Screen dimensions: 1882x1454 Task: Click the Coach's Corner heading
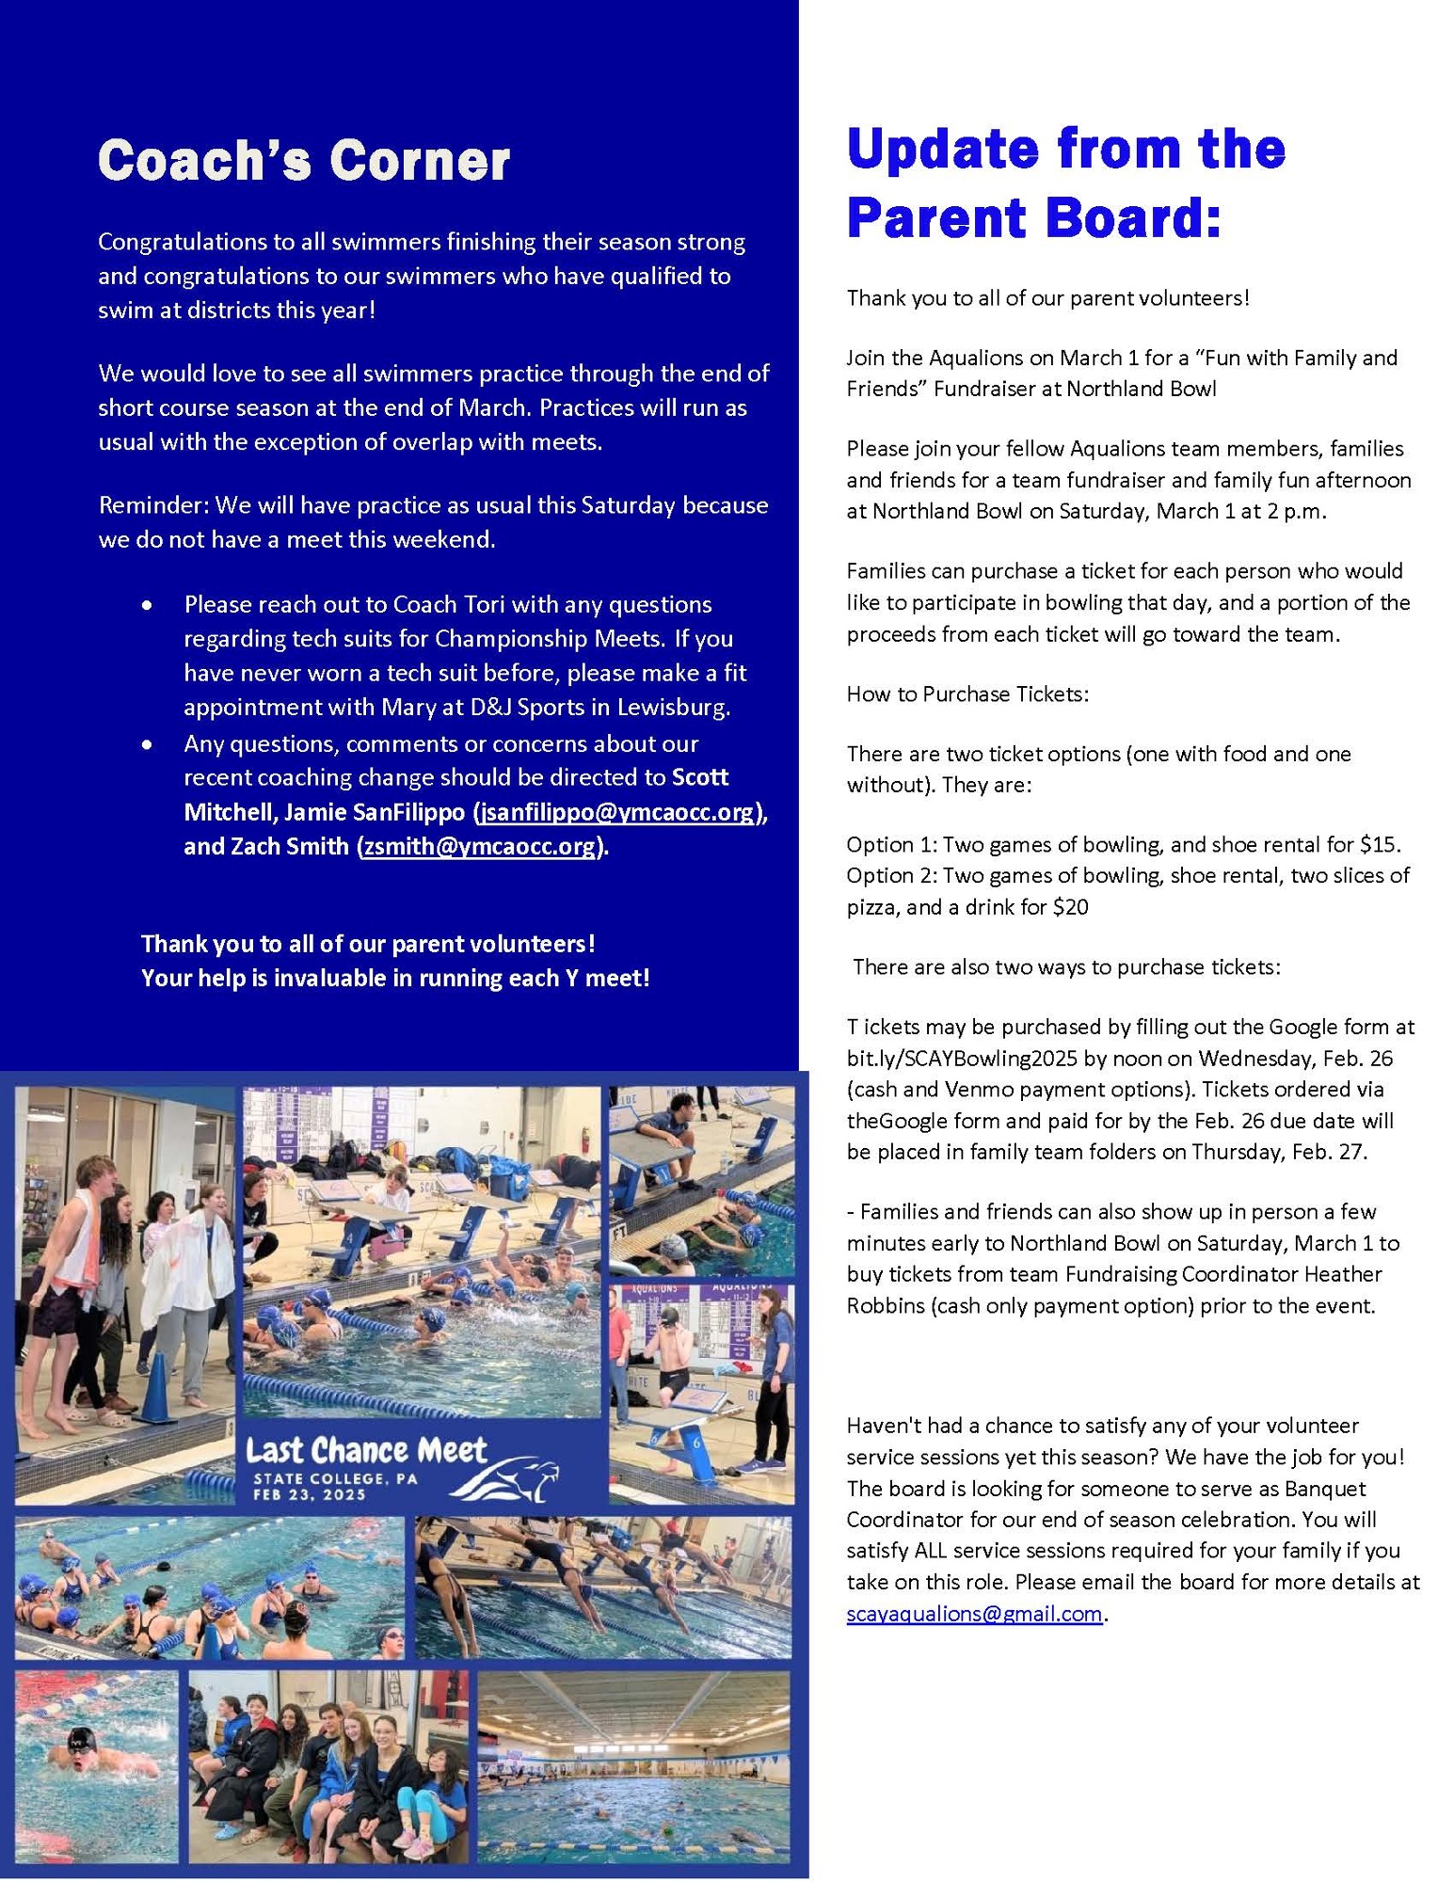[303, 160]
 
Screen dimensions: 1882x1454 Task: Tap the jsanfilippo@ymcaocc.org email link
[617, 811]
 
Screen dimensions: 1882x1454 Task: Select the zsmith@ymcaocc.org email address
[480, 846]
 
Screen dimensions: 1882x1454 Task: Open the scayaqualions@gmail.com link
[974, 1613]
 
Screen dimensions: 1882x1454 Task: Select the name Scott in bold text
[699, 777]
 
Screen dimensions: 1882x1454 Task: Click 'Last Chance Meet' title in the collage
[366, 1449]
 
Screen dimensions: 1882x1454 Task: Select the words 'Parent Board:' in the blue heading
[1033, 217]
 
